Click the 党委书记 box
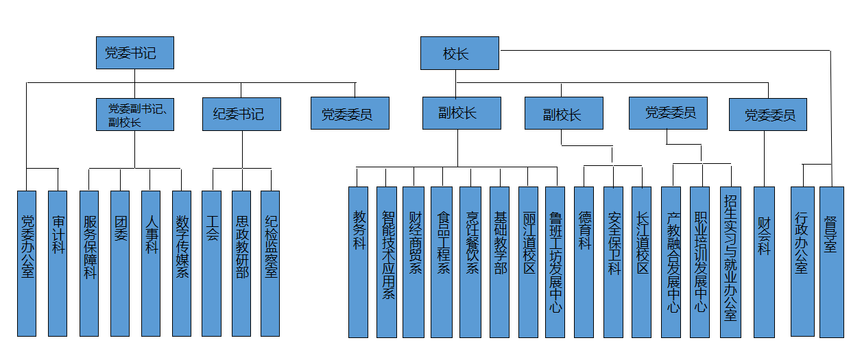click(134, 53)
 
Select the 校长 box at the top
click(459, 53)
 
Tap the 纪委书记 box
click(241, 114)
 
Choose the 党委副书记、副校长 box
click(134, 114)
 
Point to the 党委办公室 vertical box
click(27, 263)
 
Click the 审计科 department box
click(58, 263)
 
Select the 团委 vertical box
click(120, 263)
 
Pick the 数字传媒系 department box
click(182, 263)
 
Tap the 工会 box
click(212, 263)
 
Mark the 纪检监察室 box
click(270, 263)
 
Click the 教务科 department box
click(359, 262)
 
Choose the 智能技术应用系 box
click(387, 262)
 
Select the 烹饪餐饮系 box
click(470, 262)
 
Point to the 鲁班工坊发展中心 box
click(555, 262)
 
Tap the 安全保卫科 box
click(613, 262)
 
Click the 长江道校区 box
click(641, 262)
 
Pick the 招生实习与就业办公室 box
click(730, 262)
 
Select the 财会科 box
click(764, 262)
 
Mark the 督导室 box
click(831, 262)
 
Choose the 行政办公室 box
click(801, 262)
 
